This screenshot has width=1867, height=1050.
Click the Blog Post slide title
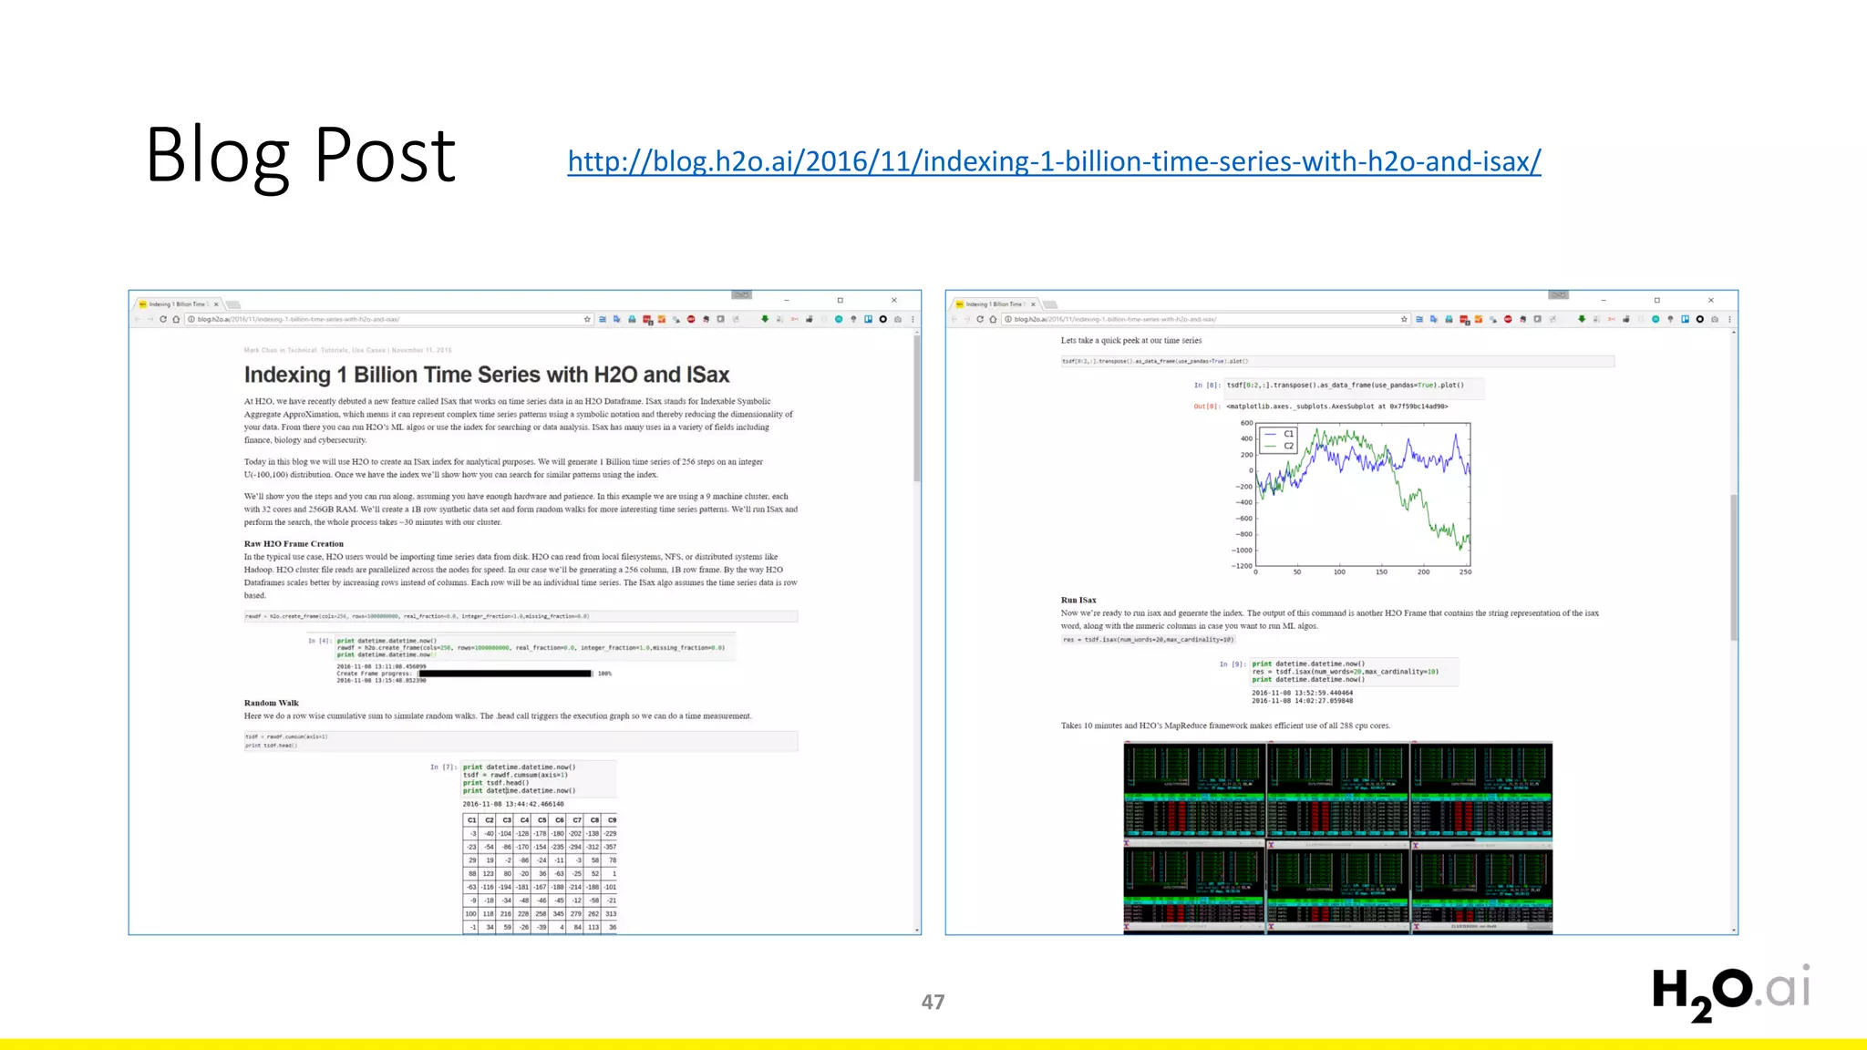[300, 155]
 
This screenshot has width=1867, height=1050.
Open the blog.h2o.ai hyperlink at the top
[1054, 161]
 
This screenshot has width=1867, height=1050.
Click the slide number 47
[933, 1002]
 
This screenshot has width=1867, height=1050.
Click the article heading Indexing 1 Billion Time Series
[486, 375]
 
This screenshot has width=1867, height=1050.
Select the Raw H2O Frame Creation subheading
[294, 543]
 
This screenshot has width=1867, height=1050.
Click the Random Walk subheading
[271, 703]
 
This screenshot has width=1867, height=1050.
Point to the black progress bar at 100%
[504, 674]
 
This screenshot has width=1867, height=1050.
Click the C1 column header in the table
[471, 820]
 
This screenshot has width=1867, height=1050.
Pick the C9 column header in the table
[612, 820]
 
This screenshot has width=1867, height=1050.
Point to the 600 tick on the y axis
[1246, 423]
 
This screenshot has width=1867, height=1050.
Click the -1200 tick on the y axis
[1242, 566]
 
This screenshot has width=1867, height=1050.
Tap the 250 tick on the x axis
[1465, 572]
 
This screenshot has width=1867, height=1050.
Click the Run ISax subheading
[1078, 600]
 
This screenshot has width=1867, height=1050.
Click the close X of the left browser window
[894, 300]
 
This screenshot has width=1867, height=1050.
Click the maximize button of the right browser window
[1657, 300]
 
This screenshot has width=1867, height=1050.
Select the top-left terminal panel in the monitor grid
[1194, 789]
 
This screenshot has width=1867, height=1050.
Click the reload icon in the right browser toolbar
[980, 319]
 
